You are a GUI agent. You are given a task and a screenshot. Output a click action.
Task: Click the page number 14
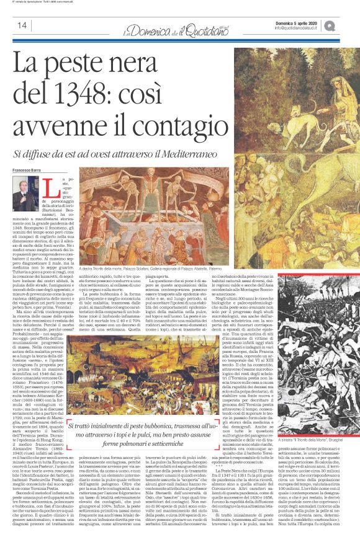[21, 25]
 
